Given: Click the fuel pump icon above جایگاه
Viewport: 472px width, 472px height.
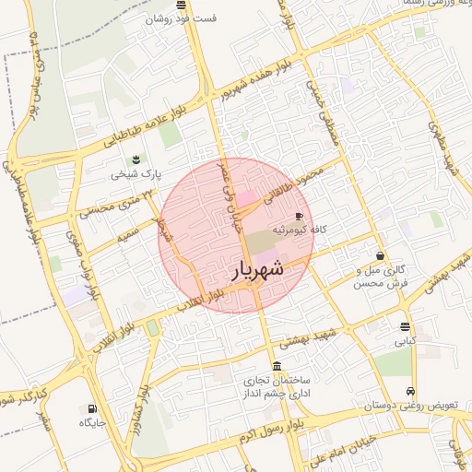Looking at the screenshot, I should tap(90, 408).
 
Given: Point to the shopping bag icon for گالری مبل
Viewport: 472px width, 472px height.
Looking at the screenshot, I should tap(380, 255).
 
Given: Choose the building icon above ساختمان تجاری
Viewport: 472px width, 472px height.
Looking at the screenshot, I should tap(277, 366).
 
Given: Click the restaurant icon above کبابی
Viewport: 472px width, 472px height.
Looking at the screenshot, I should tap(406, 326).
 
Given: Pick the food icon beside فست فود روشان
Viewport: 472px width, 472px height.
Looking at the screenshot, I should tap(153, 18).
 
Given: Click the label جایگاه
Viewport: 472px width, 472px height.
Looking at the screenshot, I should tap(94, 422).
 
